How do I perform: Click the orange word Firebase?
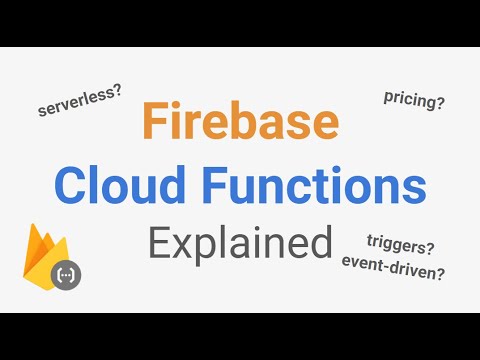coord(240,122)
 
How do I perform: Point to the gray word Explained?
coord(239,242)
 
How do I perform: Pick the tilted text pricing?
coord(414,98)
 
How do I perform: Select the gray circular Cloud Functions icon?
coord(68,274)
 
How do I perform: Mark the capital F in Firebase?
coord(154,122)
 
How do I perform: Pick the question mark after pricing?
coord(441,100)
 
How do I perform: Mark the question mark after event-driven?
coord(441,269)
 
